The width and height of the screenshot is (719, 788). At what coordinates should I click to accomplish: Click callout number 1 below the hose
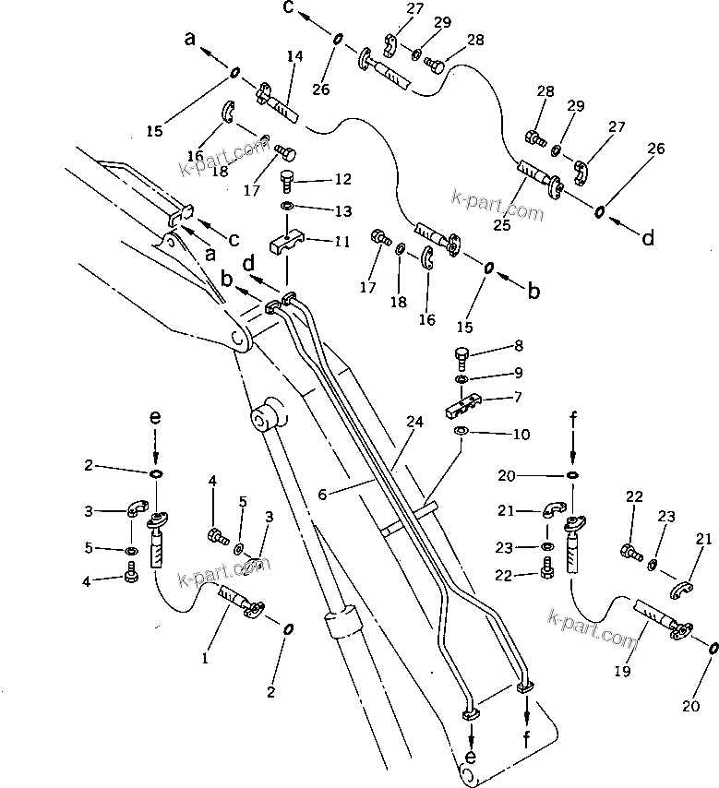click(205, 658)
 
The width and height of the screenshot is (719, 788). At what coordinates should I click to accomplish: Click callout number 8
click(519, 347)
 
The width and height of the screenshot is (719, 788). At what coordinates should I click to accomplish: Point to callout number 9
click(519, 373)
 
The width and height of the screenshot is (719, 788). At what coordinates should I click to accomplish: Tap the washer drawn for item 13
click(287, 207)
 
